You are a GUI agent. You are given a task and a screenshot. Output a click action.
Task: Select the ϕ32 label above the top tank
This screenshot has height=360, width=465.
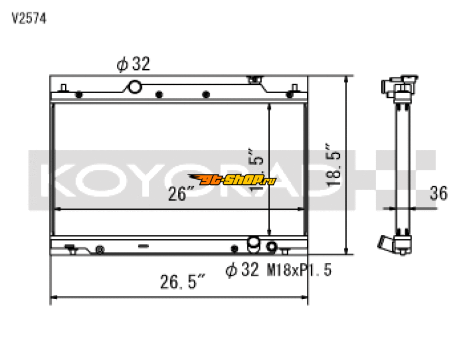133,65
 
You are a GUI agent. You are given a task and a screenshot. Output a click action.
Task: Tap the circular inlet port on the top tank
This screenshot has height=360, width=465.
134,87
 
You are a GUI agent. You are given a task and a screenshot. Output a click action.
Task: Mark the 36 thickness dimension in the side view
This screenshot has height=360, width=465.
438,194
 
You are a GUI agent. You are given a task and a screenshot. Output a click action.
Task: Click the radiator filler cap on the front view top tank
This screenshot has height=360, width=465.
253,79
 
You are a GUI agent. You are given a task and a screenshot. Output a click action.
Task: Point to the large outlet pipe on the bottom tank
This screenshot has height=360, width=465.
253,245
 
